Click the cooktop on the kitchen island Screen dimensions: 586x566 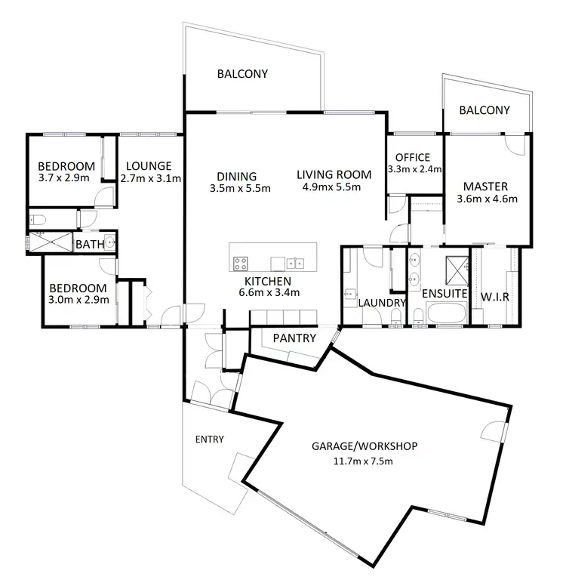pyautogui.click(x=241, y=264)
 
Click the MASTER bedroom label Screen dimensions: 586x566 pyautogui.click(x=484, y=187)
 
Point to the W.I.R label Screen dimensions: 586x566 pyautogui.click(x=495, y=297)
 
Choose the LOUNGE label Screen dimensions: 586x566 pyautogui.click(x=149, y=166)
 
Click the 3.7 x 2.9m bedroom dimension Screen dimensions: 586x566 pyautogui.click(x=66, y=180)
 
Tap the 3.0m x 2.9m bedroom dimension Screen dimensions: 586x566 pyautogui.click(x=79, y=300)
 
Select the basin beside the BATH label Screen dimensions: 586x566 pyautogui.click(x=109, y=243)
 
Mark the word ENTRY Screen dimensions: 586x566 pyautogui.click(x=209, y=439)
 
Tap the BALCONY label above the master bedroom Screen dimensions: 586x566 pyautogui.click(x=484, y=110)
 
